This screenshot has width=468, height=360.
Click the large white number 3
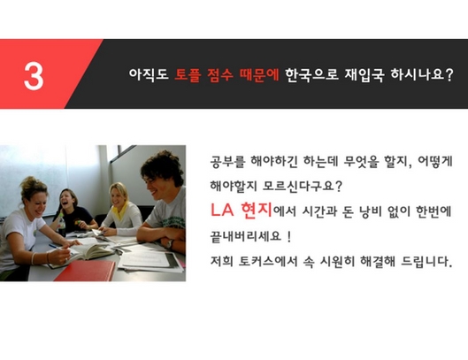(34, 76)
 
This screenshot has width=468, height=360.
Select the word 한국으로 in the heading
(312, 74)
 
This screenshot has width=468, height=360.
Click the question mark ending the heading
(449, 74)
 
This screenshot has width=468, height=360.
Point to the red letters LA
(222, 210)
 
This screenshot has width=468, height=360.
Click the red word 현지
(257, 211)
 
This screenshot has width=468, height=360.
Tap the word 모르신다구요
(302, 187)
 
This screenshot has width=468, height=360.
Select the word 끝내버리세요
(246, 236)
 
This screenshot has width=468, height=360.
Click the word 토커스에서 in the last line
(268, 262)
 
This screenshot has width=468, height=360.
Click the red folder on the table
(86, 271)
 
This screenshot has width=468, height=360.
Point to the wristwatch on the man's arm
(170, 244)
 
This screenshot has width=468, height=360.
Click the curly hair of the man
(164, 166)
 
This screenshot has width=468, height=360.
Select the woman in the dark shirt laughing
(73, 211)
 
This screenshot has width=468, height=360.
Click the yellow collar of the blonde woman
(121, 211)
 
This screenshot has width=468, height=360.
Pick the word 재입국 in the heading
(364, 74)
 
